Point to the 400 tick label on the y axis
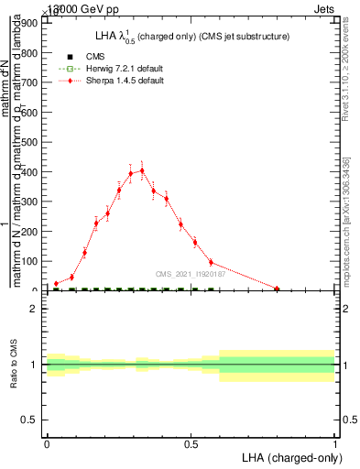[31, 172]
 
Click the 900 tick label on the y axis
[31, 23]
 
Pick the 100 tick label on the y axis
[31, 261]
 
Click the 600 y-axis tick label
[31, 113]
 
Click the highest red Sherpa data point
[142, 170]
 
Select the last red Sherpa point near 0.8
[277, 289]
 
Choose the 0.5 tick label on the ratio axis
[29, 420]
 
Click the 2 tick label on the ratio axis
[33, 309]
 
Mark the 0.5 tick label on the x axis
[191, 444]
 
